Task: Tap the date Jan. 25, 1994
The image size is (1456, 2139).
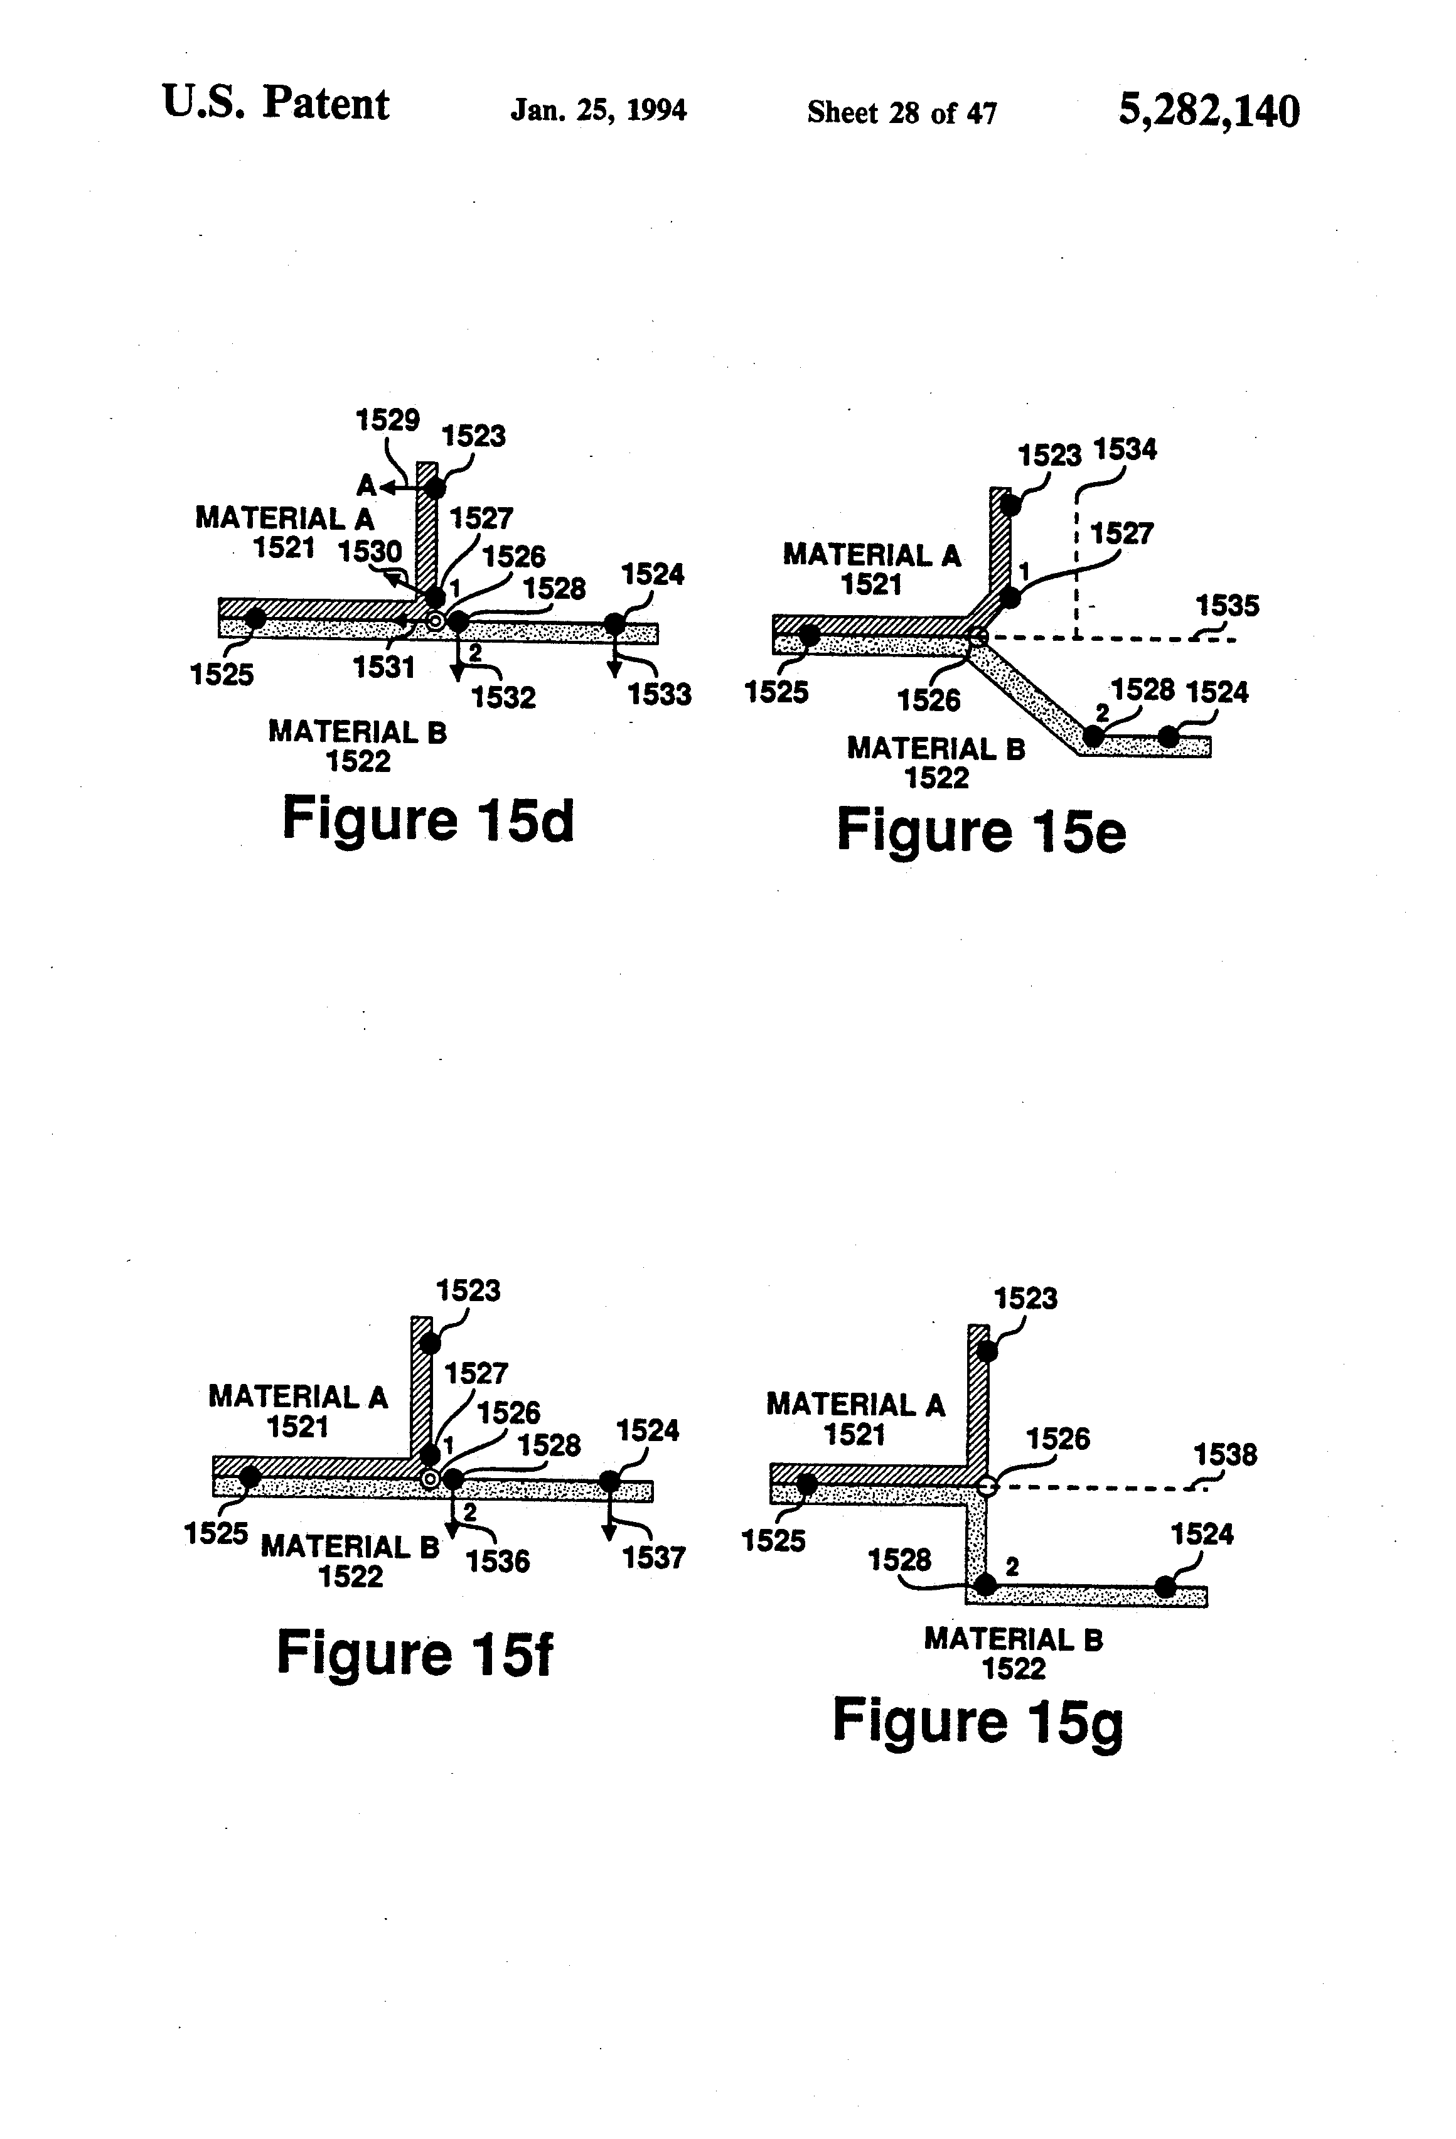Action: coord(598,110)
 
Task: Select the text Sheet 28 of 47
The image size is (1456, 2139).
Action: coord(901,112)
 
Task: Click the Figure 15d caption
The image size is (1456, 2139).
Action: coord(428,819)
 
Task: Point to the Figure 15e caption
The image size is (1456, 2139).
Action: coord(980,831)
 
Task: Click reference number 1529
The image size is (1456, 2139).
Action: coord(387,421)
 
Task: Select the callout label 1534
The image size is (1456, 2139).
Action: coord(1124,450)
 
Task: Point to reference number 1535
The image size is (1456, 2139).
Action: coord(1227,606)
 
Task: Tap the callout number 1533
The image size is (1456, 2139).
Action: coord(659,694)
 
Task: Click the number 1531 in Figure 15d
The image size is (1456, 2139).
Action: coord(384,667)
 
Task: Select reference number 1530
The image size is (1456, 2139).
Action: coord(369,551)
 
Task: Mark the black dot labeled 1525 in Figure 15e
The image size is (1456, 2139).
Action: coord(809,635)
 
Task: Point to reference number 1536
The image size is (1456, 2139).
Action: coord(498,1560)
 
